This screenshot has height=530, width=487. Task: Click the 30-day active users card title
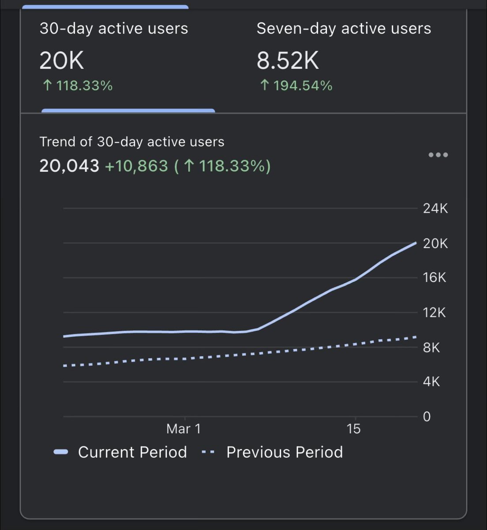pos(114,29)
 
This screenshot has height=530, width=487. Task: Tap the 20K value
pos(61,61)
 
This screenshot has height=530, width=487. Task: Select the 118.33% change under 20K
pos(78,85)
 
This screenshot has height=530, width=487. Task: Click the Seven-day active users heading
pos(344,29)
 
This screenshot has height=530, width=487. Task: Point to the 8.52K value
pos(288,61)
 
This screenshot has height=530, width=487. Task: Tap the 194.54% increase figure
pos(296,85)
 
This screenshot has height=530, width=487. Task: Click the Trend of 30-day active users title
pos(132,142)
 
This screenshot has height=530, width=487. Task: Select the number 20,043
pos(69,166)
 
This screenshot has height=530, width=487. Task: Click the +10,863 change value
pos(137,166)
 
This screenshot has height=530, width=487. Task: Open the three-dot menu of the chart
pos(438,155)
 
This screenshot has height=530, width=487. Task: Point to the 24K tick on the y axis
pos(435,208)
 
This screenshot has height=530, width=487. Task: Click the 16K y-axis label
pos(435,277)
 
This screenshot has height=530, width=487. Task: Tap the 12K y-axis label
pos(435,313)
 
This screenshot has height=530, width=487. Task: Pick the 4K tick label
pos(431,382)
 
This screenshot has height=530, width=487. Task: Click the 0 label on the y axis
pos(427,416)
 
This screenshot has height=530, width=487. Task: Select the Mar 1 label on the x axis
pos(184,429)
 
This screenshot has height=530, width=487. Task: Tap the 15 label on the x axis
pos(353,429)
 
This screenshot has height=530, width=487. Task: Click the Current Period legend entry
pos(120,452)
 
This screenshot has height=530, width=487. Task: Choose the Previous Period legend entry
pos(272,452)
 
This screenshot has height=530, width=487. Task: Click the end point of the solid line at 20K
pos(416,242)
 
